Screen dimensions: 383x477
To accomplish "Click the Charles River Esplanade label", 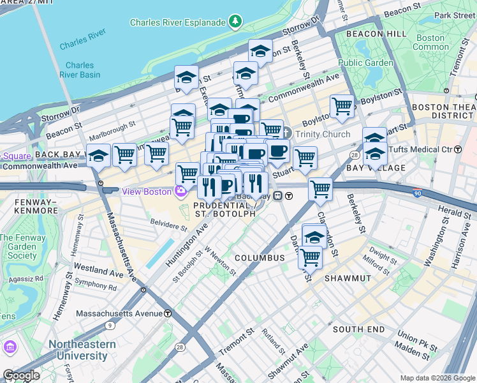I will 177,22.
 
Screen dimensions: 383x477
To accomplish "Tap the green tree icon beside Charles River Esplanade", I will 237,22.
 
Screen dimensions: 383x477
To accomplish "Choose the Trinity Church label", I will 322,134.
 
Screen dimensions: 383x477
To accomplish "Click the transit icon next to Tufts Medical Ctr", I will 457,149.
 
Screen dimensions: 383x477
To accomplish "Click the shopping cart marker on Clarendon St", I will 319,188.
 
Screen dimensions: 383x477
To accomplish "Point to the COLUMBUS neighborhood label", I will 259,258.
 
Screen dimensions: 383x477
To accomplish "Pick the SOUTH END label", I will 358,329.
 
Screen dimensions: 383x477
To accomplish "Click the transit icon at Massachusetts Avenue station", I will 168,313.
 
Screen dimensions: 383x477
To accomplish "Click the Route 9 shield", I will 111,326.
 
